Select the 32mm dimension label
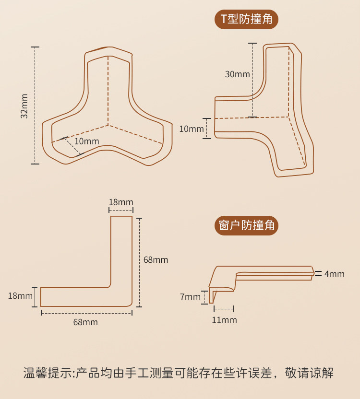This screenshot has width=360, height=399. [x=24, y=106]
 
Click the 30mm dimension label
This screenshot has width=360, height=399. [x=237, y=74]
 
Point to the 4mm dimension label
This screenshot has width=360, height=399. [x=334, y=274]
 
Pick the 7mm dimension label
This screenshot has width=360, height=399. [x=190, y=297]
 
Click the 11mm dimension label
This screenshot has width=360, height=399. [x=224, y=320]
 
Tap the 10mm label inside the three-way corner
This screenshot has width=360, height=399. [x=87, y=141]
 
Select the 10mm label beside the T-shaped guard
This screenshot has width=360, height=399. [x=191, y=129]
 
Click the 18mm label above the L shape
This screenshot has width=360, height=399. [x=121, y=202]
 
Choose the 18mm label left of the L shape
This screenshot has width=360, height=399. [x=20, y=296]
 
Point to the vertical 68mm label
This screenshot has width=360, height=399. [x=156, y=260]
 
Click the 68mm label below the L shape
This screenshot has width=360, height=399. [x=85, y=322]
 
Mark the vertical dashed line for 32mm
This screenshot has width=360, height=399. [x=35, y=106]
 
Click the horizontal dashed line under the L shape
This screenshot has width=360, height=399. [x=86, y=313]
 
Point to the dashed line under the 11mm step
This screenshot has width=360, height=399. [x=224, y=308]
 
